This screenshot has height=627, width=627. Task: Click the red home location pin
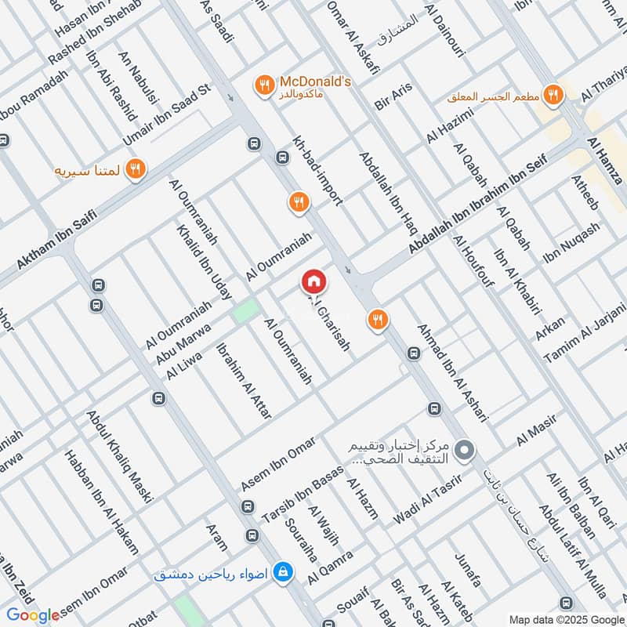(x=314, y=282)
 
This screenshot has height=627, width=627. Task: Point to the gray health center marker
(x=465, y=451)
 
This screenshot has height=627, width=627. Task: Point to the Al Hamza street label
(x=603, y=160)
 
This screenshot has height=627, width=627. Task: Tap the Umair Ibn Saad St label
(x=168, y=114)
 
